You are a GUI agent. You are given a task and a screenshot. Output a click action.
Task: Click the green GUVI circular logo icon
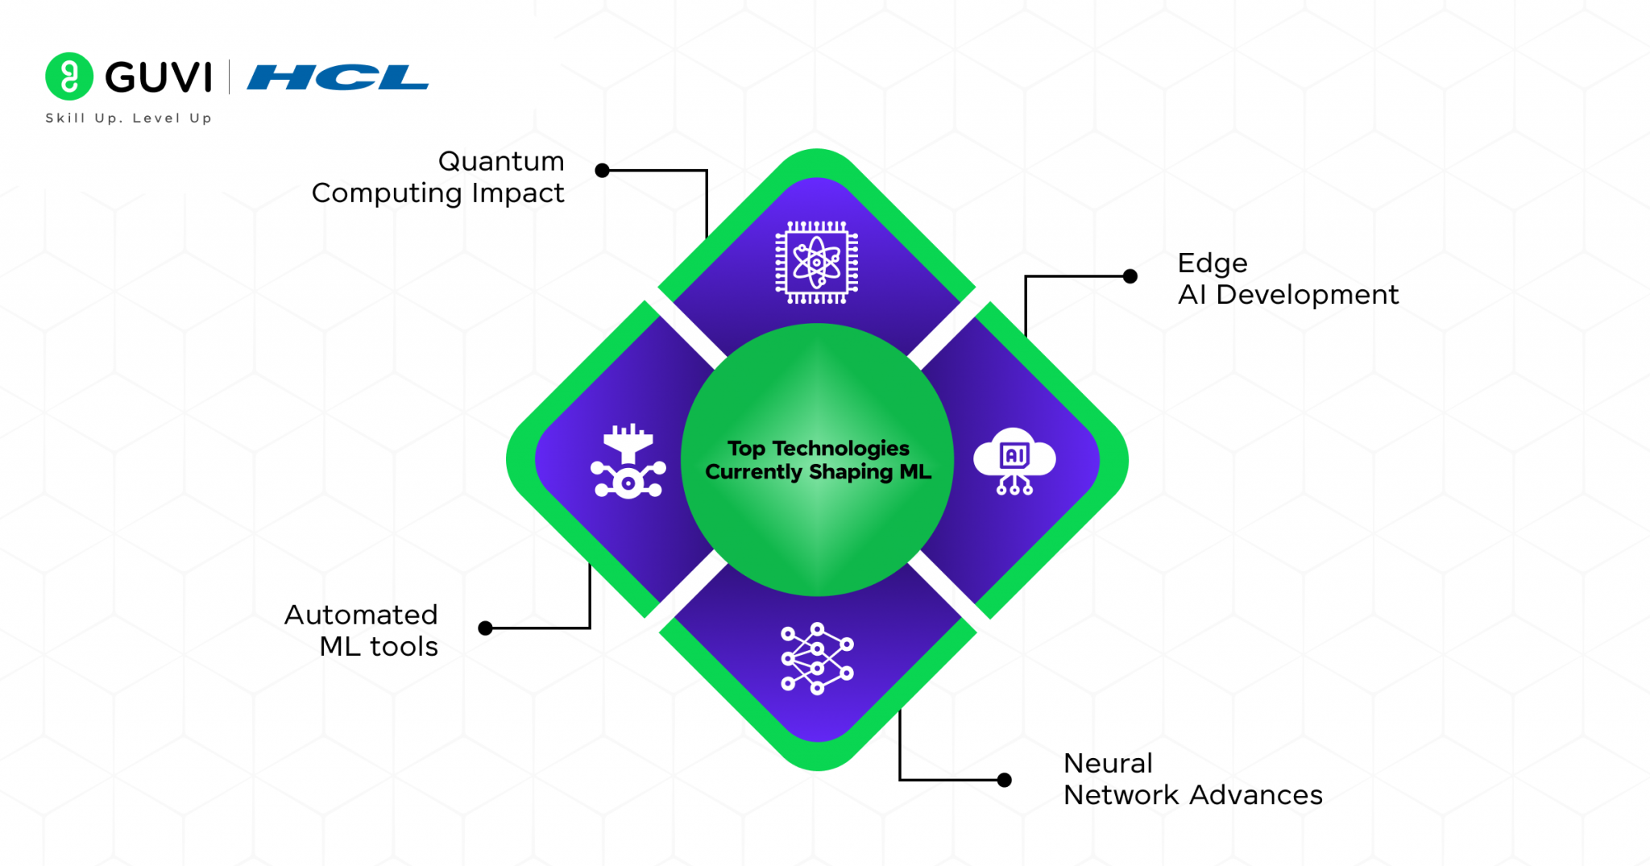point(69,77)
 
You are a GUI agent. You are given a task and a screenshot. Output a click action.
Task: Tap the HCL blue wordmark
point(338,77)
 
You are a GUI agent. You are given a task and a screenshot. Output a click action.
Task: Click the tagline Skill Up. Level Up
point(129,118)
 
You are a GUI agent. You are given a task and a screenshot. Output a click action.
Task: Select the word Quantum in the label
point(501,161)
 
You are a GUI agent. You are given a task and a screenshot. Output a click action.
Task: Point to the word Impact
point(518,193)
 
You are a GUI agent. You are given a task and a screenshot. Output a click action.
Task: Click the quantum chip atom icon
point(816,263)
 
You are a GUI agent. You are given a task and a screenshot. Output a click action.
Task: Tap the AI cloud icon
point(1014,461)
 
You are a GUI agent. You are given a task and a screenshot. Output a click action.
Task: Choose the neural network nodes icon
point(817,658)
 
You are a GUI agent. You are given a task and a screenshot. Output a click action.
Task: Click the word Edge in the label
point(1213,263)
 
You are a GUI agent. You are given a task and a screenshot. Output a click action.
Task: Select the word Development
point(1307,295)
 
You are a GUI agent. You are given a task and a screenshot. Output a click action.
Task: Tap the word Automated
point(361,615)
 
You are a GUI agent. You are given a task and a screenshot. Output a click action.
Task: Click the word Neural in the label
point(1108,763)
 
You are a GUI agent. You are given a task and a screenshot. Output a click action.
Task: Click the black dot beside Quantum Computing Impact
point(602,171)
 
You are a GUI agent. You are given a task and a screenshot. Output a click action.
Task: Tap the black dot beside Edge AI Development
point(1130,276)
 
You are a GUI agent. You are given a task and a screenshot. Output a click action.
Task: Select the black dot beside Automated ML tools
point(485,628)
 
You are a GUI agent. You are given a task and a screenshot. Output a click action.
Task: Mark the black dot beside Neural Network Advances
point(1004,780)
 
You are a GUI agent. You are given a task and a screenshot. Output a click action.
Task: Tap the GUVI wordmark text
point(159,77)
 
